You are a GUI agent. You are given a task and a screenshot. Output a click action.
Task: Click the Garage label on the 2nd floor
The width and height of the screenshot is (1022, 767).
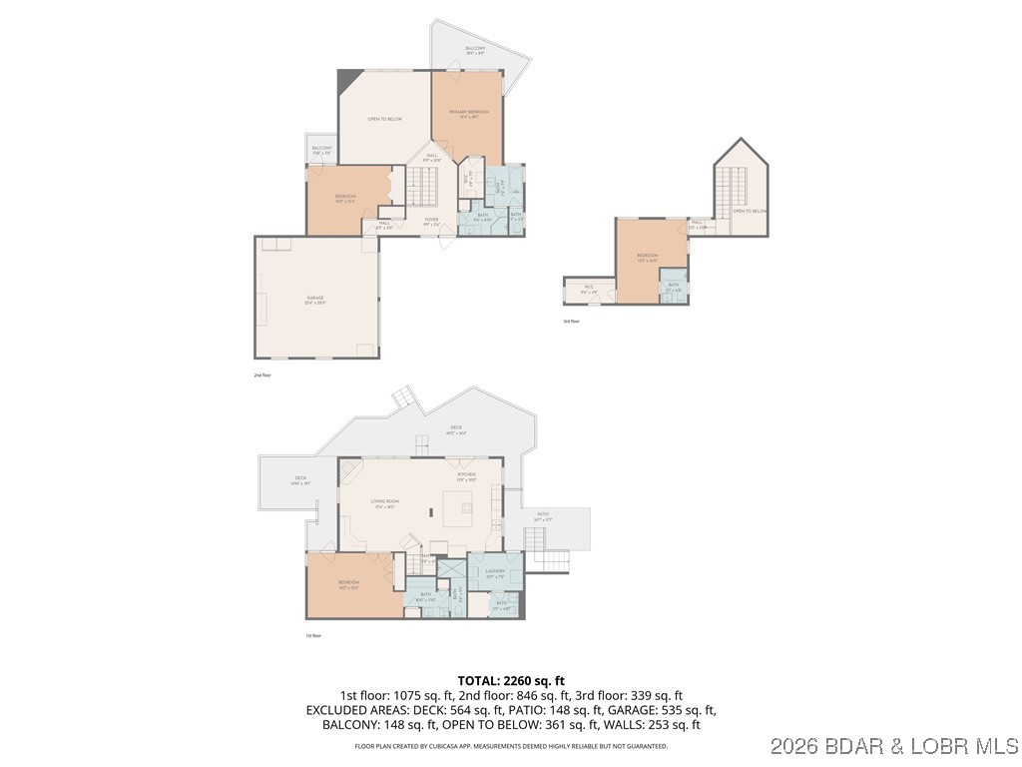pyautogui.click(x=315, y=300)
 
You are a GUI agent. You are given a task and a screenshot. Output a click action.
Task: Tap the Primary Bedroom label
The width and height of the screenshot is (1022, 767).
pyautogui.click(x=468, y=113)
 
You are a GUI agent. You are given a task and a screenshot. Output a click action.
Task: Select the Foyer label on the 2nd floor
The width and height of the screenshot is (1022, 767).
pyautogui.click(x=431, y=221)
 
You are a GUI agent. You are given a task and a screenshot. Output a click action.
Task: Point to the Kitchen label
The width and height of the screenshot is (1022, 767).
pyautogui.click(x=466, y=474)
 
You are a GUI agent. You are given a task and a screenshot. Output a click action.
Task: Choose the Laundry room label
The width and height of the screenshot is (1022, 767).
pyautogui.click(x=496, y=572)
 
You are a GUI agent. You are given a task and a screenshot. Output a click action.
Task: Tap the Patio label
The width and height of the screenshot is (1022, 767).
pyautogui.click(x=543, y=515)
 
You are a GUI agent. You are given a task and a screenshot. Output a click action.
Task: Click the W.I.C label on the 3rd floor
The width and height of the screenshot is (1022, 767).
pyautogui.click(x=589, y=291)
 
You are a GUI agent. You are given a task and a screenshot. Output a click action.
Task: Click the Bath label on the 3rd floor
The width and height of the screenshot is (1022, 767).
pyautogui.click(x=674, y=287)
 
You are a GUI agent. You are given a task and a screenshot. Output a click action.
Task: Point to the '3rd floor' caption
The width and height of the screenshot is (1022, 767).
pyautogui.click(x=571, y=322)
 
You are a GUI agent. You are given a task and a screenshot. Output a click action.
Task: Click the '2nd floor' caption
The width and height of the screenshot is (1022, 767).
pyautogui.click(x=262, y=375)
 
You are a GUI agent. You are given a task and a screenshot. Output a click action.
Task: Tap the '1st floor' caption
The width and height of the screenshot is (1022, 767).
pyautogui.click(x=313, y=635)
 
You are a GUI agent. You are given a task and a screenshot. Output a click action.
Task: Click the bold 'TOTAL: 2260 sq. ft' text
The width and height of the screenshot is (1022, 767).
pyautogui.click(x=510, y=680)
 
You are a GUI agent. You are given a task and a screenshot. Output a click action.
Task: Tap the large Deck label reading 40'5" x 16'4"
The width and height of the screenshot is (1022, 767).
pyautogui.click(x=454, y=430)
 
